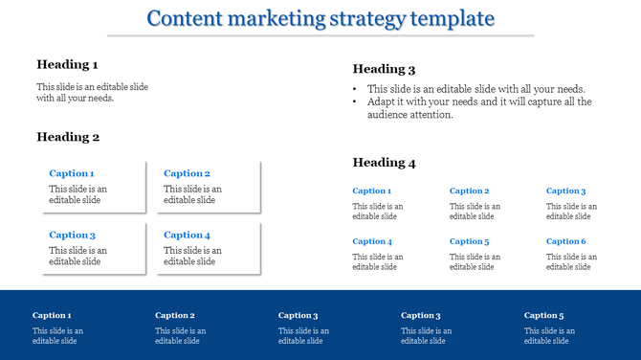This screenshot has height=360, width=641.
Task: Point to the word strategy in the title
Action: [x=367, y=18]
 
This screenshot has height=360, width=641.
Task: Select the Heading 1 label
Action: [x=67, y=64]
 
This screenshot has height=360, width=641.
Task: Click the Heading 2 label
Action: [x=68, y=137]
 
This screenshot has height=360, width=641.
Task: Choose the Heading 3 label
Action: [x=384, y=69]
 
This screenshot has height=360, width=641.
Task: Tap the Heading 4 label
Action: [x=384, y=163]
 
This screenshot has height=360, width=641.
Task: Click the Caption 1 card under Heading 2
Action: [x=91, y=187]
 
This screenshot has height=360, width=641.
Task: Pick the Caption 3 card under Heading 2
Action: [x=91, y=248]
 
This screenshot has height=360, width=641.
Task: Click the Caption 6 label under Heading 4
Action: [x=565, y=241]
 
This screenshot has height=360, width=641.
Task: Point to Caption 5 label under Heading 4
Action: [x=469, y=241]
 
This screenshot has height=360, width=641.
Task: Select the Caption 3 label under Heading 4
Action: [x=565, y=191]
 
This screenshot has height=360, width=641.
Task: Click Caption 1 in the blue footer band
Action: [x=52, y=315]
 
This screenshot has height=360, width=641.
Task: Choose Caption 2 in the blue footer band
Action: [x=175, y=315]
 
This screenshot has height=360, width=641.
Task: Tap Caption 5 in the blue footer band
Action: [x=543, y=315]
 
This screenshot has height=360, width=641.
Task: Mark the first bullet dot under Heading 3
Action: [x=356, y=89]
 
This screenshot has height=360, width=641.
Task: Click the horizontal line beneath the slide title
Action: [x=320, y=35]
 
